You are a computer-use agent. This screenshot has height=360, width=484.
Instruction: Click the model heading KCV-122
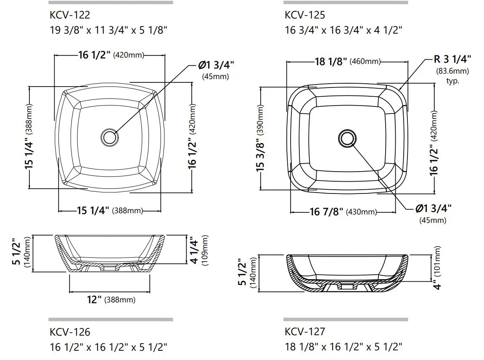[x=69, y=16]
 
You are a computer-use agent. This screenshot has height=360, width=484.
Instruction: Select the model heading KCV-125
[x=304, y=16]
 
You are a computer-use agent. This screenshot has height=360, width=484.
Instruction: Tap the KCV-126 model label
[x=69, y=332]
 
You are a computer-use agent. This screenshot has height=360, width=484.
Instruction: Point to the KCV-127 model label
[x=304, y=332]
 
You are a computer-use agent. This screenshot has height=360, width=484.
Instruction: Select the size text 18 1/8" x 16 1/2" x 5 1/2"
[x=343, y=347]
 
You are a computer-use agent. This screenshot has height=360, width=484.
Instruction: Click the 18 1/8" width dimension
[x=331, y=61]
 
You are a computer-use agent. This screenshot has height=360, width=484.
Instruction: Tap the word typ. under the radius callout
[x=452, y=81]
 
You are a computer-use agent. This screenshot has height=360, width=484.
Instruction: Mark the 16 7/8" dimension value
[x=326, y=212]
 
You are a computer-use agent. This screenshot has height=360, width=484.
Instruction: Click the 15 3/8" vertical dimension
[x=261, y=156]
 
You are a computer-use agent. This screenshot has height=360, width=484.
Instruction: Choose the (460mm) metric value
[x=365, y=62]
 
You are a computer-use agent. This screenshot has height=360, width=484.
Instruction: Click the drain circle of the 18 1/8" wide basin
[x=347, y=138]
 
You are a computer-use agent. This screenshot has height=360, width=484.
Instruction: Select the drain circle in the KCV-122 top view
[x=109, y=137]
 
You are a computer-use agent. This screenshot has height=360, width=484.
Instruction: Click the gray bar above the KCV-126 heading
[x=110, y=319]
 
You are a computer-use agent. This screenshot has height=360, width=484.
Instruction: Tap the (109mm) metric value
[x=205, y=249]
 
